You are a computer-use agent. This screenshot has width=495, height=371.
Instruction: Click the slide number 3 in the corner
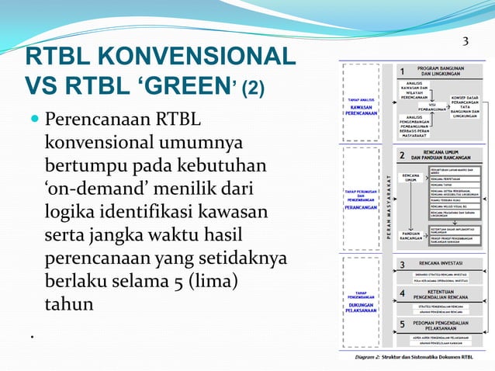466,42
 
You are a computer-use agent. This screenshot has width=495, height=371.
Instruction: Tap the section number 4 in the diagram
402,294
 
